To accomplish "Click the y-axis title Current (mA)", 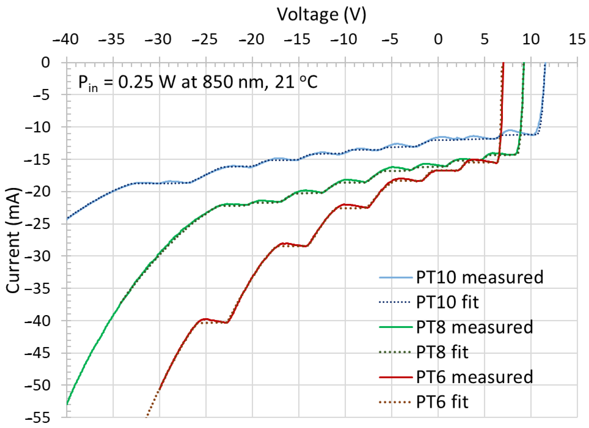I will click(x=13, y=240).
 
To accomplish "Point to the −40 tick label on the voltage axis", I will click(x=66, y=40).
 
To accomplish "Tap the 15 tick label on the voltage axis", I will click(x=577, y=40).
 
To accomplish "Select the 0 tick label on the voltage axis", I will click(x=438, y=40).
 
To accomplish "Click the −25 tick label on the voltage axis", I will click(x=205, y=40).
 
